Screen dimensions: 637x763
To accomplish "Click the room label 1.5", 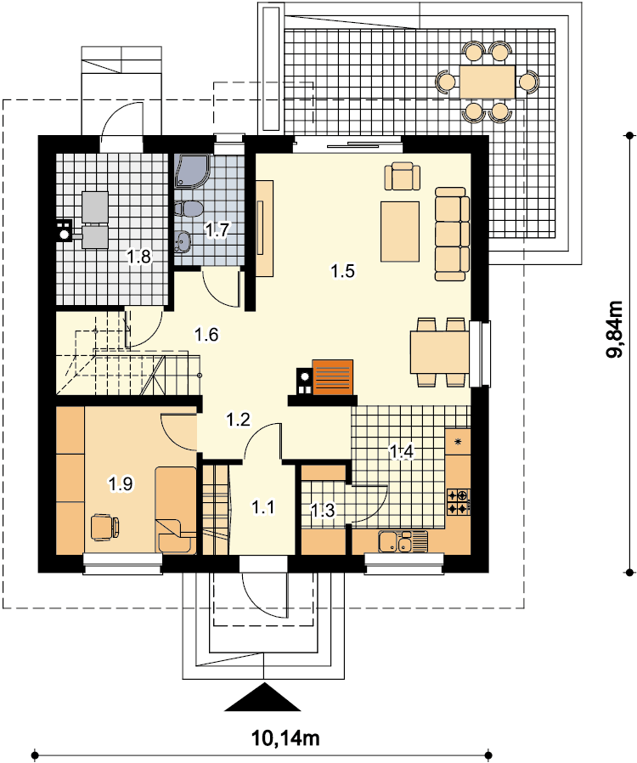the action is [x=343, y=270].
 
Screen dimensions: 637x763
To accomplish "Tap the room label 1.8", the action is [x=139, y=256].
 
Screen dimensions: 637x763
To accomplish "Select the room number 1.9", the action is [x=120, y=483].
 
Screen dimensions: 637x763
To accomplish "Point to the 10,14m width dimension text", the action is [x=285, y=738].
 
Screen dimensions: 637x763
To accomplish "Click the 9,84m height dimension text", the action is [x=615, y=330].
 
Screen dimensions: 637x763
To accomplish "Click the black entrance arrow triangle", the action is [x=263, y=697].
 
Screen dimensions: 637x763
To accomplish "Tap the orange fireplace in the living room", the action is [x=333, y=377].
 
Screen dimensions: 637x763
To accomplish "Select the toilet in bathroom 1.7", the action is [x=187, y=209].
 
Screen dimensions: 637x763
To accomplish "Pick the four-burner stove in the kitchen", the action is [x=458, y=502].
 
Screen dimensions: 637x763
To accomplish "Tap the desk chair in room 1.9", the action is [x=105, y=527].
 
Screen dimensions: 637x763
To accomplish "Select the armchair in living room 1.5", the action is [x=402, y=176].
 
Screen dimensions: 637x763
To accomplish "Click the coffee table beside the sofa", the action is [x=400, y=232].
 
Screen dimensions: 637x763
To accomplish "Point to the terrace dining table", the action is [x=488, y=82].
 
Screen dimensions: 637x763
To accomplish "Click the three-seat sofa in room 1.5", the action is [x=452, y=234].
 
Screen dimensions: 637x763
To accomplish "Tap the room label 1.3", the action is [x=323, y=511].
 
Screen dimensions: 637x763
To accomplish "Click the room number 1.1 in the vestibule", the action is [x=263, y=507].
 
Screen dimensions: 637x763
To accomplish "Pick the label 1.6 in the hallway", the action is [x=206, y=335].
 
